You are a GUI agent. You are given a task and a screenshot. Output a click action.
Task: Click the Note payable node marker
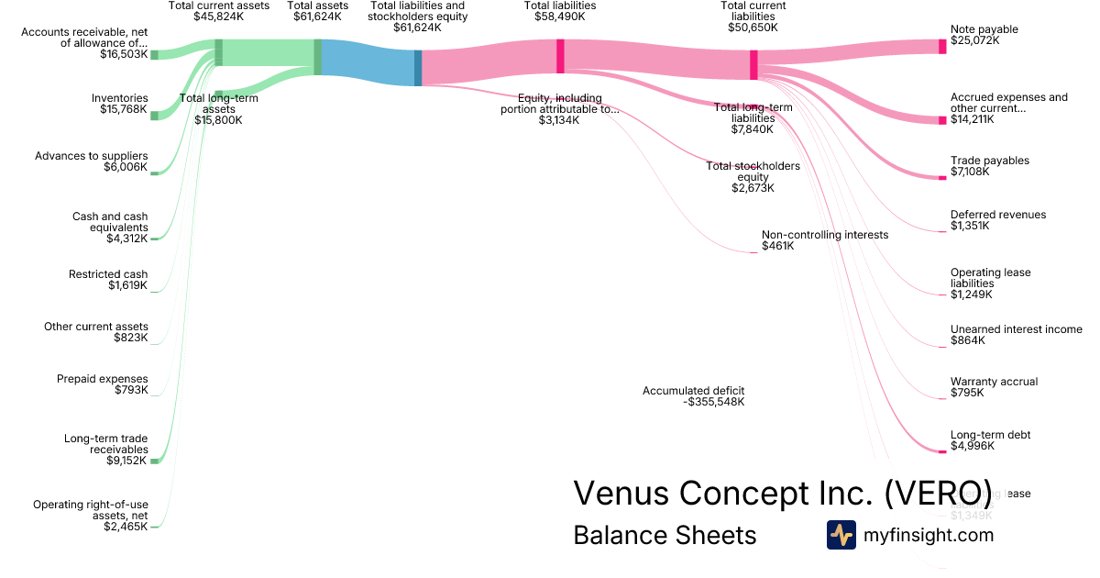tap(941, 46)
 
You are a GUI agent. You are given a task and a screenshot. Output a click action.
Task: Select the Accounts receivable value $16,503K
tap(124, 55)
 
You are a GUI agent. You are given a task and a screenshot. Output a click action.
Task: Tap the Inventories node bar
tap(154, 116)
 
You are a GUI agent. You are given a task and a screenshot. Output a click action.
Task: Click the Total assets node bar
tap(317, 57)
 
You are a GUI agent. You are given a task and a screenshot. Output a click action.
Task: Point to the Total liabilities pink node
tap(560, 55)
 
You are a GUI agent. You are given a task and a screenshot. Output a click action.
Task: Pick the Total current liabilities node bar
tap(753, 64)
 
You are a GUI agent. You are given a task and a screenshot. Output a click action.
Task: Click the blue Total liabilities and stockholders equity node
tap(418, 68)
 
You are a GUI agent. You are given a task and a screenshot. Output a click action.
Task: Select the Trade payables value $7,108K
tap(969, 172)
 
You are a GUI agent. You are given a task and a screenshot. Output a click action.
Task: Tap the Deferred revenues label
tap(997, 215)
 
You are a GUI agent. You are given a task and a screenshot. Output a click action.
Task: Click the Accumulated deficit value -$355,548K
tap(714, 402)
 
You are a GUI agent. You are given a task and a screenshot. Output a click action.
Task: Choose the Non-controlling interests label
tap(824, 235)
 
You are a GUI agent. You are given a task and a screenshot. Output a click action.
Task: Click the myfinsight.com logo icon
tap(841, 535)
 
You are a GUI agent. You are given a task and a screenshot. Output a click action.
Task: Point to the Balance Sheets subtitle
tap(665, 535)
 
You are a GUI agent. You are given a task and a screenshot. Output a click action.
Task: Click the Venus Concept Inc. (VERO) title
tap(782, 493)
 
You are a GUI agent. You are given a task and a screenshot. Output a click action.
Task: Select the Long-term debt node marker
tap(941, 450)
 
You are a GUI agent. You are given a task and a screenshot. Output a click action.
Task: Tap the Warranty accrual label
tap(994, 382)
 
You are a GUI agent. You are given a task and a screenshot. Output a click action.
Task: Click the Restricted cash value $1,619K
tap(127, 285)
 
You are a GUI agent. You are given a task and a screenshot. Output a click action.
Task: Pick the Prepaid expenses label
tap(102, 379)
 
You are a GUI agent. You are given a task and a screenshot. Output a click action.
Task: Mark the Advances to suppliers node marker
tap(154, 172)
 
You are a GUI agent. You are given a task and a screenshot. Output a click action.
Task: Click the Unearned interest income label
tap(1016, 329)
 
